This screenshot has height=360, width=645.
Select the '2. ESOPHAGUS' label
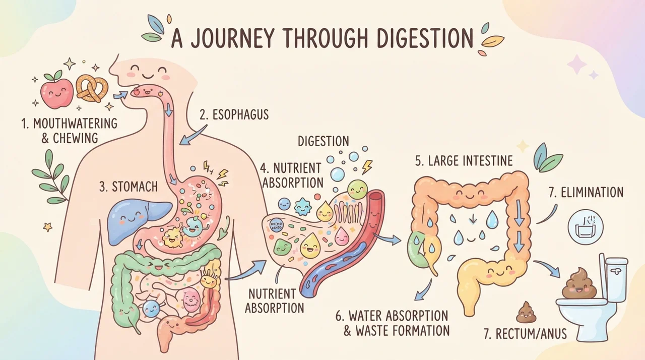234,114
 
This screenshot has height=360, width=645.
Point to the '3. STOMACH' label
128,187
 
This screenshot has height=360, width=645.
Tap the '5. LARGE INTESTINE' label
464,161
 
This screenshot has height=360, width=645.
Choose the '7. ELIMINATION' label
586,193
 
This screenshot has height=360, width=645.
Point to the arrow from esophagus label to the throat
193,135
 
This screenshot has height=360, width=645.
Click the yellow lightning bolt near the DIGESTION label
367,167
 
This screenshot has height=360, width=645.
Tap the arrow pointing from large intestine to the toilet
547,268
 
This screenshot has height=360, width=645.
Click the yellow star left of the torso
48,227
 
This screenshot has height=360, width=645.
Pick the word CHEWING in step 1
76,138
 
